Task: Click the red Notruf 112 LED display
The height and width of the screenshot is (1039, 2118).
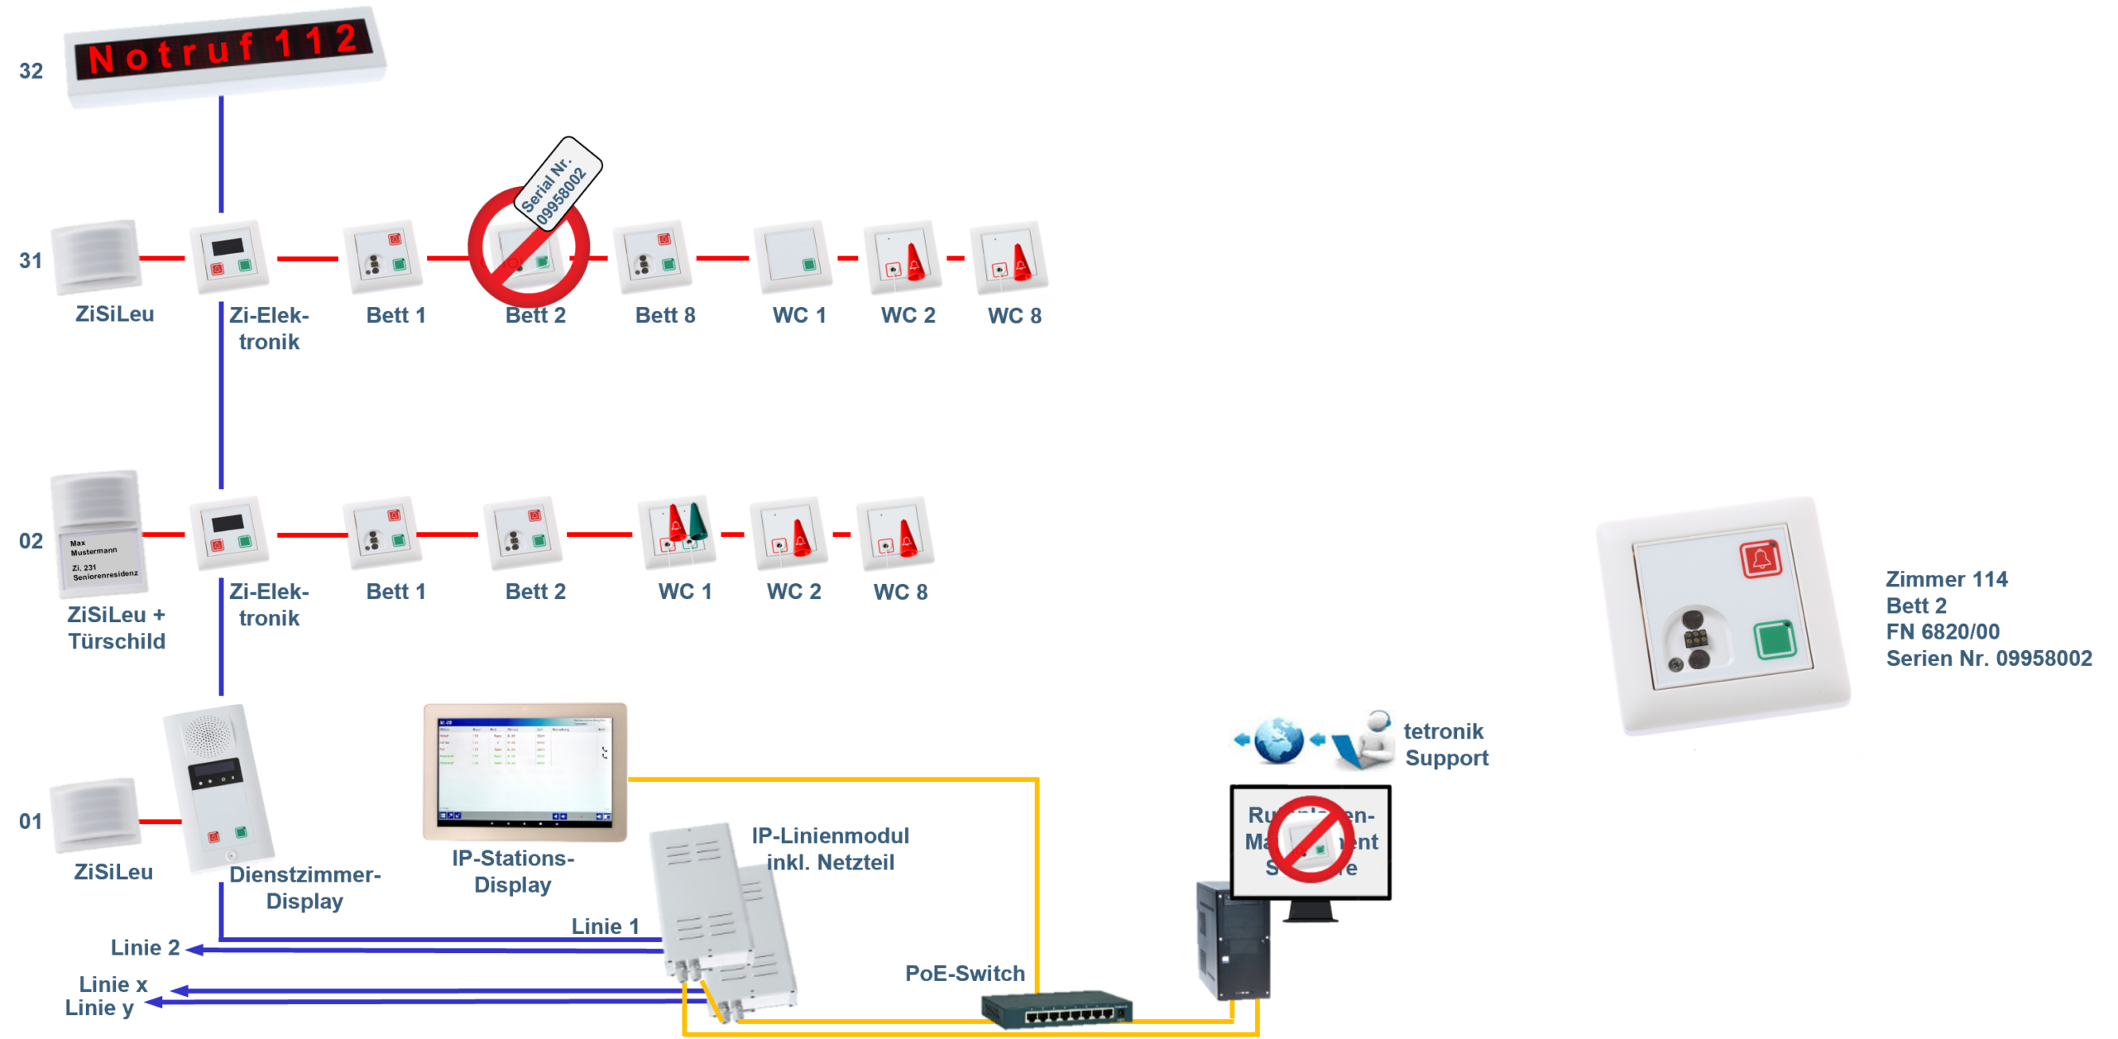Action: [x=223, y=55]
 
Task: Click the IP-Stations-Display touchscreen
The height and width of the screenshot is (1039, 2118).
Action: [x=525, y=771]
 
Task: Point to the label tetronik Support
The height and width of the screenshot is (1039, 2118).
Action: [x=1445, y=745]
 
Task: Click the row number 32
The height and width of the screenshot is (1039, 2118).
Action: [x=31, y=70]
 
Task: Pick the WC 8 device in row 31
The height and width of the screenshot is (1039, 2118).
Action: [x=1009, y=257]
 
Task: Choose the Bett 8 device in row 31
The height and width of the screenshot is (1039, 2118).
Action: [x=652, y=257]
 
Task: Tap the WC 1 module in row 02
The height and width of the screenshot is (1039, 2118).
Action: [x=678, y=533]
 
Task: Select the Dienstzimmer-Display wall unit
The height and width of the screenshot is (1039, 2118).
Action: [x=222, y=788]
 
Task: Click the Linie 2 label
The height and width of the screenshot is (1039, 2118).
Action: [x=145, y=947]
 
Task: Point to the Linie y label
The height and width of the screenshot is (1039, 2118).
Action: [x=99, y=1008]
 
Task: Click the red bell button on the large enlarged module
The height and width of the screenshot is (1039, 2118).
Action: [x=1760, y=560]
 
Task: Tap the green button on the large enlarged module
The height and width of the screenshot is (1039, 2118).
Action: [x=1773, y=640]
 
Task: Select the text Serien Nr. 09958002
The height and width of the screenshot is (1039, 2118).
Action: [x=1988, y=658]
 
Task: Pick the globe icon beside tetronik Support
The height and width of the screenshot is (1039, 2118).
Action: [x=1279, y=739]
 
